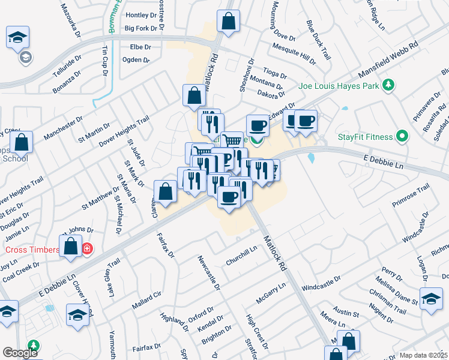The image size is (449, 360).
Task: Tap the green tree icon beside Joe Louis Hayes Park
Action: [x=388, y=85]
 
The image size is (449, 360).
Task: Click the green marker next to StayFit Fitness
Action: [x=402, y=137]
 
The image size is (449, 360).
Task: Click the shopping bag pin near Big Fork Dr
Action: [x=229, y=22]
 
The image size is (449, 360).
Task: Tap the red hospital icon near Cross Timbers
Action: [x=87, y=248]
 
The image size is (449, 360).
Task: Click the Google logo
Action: [x=20, y=353]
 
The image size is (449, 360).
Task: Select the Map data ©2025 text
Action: [x=423, y=355]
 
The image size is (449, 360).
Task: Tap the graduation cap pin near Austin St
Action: [x=431, y=298]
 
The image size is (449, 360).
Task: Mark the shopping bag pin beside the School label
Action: [x=21, y=142]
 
